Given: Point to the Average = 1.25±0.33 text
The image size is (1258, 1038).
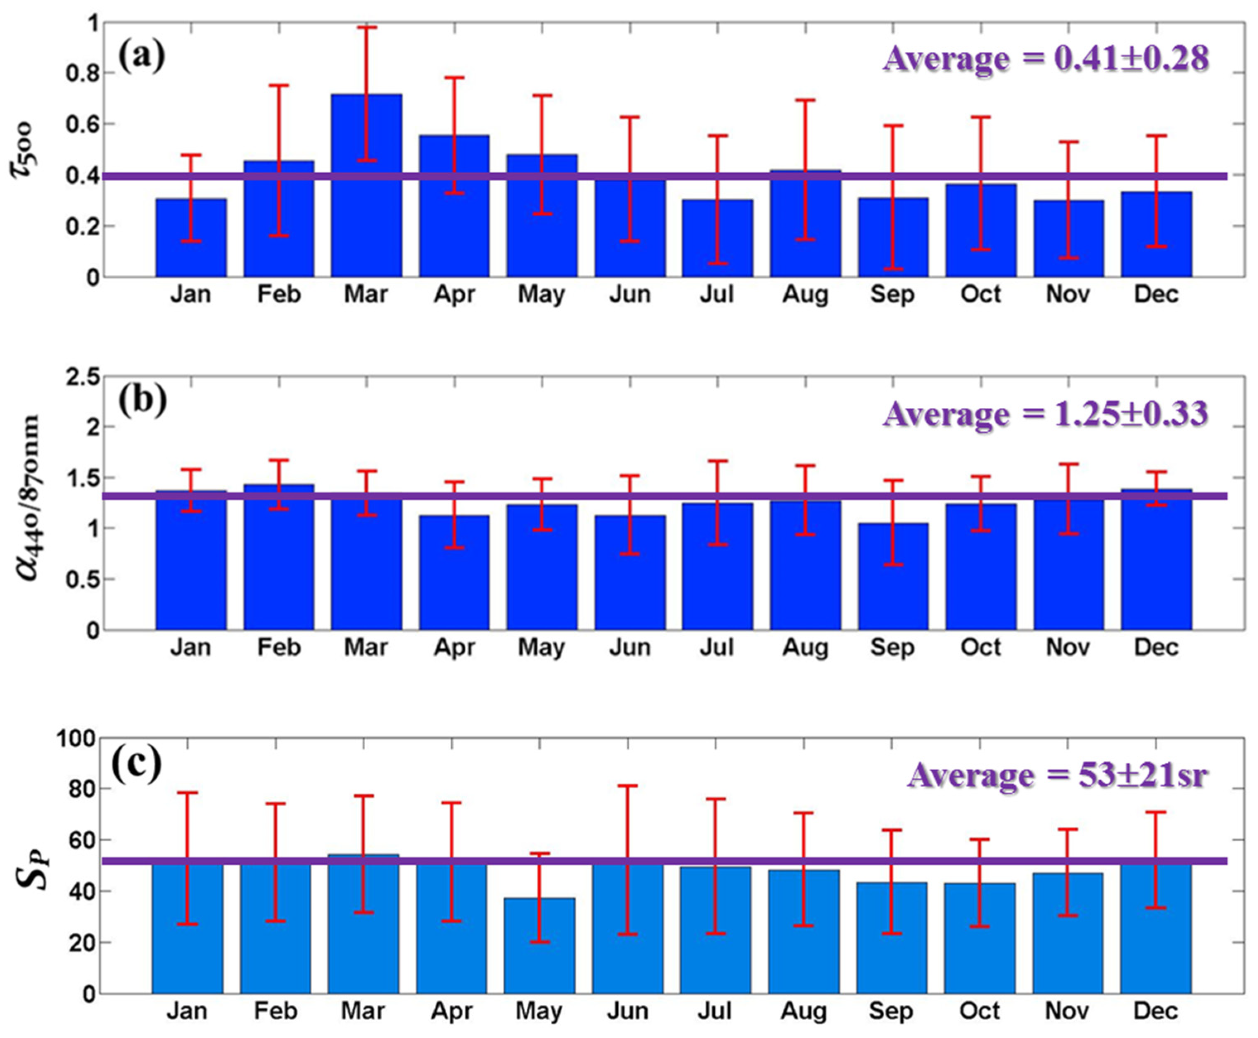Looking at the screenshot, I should click(1045, 414).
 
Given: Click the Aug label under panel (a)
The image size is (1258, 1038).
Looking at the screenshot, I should click(805, 295).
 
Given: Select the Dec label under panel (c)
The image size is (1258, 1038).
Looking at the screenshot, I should click(1156, 1011).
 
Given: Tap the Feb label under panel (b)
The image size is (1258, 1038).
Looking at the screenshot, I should click(279, 648).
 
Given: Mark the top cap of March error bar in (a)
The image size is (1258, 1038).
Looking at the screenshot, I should click(366, 27).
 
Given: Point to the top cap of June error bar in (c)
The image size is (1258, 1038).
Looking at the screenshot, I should click(627, 786).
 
